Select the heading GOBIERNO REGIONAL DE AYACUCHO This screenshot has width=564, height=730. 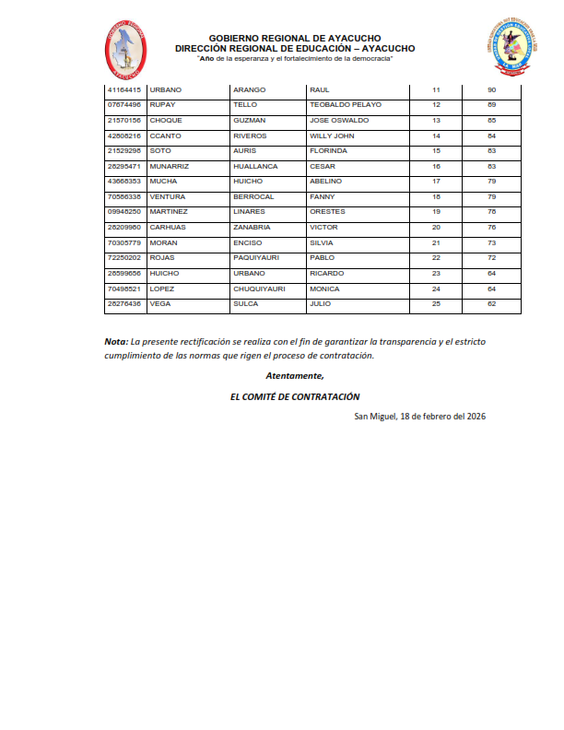294,38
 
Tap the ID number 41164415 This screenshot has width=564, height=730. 124,89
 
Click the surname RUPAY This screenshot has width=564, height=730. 162,105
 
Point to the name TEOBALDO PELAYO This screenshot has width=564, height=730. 346,105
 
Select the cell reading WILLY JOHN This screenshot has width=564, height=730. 333,135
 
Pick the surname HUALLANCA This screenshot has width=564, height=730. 255,166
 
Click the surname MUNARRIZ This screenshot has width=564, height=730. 169,166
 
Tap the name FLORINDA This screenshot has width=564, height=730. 329,150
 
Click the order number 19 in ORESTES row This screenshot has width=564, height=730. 437,211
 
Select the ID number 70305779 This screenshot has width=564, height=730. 124,241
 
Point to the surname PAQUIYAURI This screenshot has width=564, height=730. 257,257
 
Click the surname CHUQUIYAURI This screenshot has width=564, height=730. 260,288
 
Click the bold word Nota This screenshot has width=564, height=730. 115,341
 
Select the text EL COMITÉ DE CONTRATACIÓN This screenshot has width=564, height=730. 295,395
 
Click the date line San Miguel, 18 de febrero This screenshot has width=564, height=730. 420,416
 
